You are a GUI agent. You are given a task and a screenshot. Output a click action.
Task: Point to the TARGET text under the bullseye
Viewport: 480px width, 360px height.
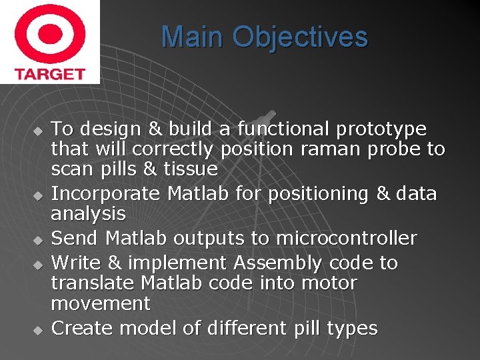tap(49, 73)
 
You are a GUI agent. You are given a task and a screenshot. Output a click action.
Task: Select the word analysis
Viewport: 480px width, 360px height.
tap(88, 214)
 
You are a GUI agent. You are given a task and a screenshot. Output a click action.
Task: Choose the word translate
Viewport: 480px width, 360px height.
tap(93, 283)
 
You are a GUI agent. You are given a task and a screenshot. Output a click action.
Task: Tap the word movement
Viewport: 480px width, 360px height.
tap(101, 304)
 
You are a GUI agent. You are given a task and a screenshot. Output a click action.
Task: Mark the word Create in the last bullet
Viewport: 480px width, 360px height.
tap(79, 328)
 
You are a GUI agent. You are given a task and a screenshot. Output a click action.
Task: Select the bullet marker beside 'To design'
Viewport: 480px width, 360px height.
tap(39, 129)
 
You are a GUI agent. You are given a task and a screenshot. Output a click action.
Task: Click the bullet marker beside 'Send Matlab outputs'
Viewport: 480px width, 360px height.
tap(39, 239)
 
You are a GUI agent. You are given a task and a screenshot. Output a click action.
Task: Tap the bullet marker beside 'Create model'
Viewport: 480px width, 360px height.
tap(39, 329)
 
